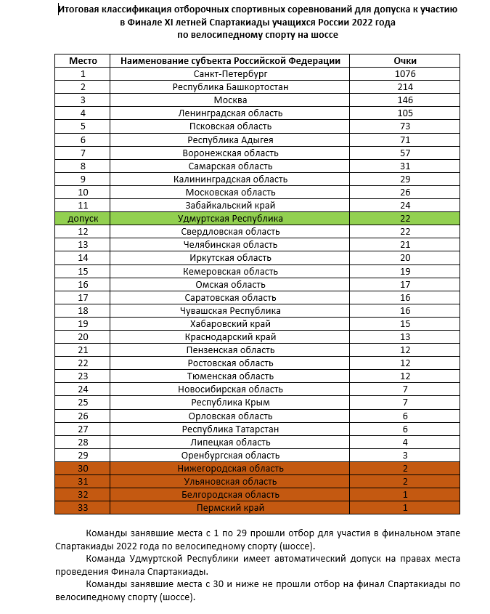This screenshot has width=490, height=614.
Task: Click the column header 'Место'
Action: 83,61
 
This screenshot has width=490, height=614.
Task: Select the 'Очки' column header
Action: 404,61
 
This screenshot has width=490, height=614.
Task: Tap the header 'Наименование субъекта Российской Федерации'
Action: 230,61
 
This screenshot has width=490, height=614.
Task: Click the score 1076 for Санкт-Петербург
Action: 404,74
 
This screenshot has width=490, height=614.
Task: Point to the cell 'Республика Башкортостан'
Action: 230,87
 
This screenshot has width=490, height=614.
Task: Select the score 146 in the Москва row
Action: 404,100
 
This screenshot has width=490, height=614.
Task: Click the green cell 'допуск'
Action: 83,218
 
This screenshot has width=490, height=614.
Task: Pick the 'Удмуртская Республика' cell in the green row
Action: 230,218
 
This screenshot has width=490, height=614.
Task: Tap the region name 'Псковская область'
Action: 230,126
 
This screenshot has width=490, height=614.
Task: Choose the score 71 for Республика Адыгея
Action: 404,140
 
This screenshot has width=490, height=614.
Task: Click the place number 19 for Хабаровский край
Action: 83,323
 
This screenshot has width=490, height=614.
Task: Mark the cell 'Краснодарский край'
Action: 230,336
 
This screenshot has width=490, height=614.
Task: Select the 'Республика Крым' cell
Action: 230,402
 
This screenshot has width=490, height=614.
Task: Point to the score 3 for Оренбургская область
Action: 404,455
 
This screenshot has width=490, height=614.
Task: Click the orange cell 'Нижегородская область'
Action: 230,468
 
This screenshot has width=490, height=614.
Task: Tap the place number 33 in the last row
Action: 83,507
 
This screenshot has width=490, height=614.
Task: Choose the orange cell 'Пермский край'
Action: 230,507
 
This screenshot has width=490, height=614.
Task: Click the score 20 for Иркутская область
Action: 404,258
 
